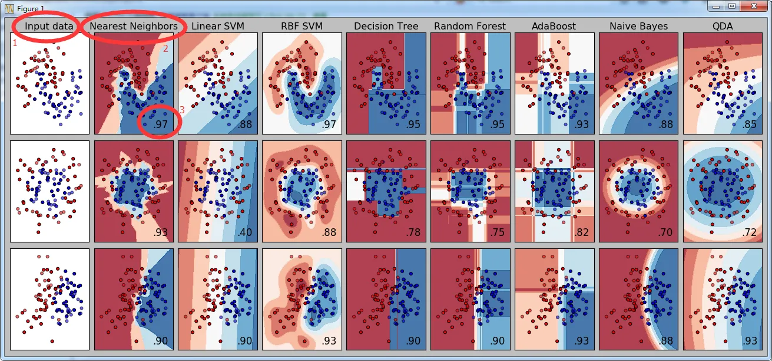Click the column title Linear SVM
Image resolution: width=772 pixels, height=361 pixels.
coord(217,26)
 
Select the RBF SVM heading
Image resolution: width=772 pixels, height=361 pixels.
coord(301,26)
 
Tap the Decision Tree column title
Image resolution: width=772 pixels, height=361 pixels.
coord(386,26)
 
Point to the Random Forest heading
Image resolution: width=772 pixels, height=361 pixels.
coord(470,26)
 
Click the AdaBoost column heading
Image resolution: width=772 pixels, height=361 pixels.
coord(554,26)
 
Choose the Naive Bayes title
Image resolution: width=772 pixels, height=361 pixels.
coord(638,26)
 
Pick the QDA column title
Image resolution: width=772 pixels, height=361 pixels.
coord(723,26)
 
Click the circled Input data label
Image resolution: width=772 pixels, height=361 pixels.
coord(49,26)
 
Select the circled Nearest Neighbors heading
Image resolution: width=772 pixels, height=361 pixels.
coord(134,26)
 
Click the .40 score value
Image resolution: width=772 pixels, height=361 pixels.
coord(244,232)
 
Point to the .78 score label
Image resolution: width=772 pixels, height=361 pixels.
coord(413,232)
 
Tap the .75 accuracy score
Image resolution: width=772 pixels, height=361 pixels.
coord(497,232)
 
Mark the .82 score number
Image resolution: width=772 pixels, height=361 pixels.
coord(581,232)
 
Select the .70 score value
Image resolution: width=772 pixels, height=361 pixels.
coord(665,232)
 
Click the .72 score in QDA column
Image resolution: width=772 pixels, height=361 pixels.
coord(750,232)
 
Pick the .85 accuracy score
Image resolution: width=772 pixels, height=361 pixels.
coord(750,124)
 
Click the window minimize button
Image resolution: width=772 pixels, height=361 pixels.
coord(716,6)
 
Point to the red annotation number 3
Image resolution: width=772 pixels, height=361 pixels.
coord(182,110)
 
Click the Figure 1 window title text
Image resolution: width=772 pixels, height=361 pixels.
coord(31,6)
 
